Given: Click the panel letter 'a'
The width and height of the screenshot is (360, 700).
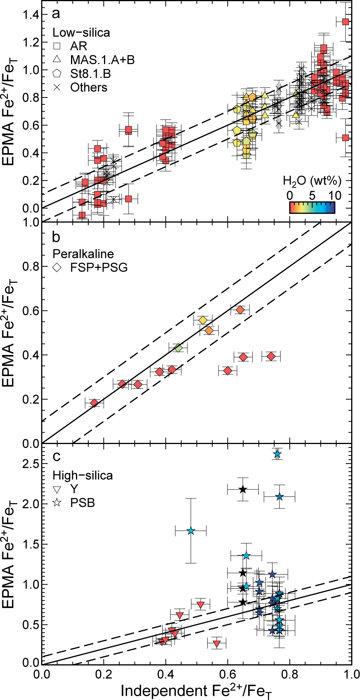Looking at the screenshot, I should (x=56, y=14).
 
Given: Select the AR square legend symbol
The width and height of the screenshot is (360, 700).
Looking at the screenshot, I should (x=57, y=46).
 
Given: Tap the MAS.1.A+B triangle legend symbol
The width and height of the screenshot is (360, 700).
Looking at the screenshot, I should (x=57, y=59).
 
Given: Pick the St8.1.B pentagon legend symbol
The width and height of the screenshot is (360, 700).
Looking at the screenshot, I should (x=57, y=73).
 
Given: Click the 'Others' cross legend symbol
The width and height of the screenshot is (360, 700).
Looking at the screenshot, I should (x=57, y=87).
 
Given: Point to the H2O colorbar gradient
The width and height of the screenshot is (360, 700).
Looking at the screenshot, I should (x=312, y=207).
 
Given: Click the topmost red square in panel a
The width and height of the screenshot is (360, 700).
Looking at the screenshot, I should (x=345, y=22).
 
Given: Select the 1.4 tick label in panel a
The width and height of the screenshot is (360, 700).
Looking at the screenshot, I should (x=30, y=15).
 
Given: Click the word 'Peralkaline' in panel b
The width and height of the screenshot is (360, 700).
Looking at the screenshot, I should (x=83, y=254).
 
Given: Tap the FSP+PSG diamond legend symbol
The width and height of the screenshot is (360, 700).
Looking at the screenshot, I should (x=57, y=267).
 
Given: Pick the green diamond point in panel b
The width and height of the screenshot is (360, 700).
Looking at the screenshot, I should (x=178, y=348).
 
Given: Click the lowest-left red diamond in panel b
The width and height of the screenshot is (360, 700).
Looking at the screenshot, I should (x=94, y=403).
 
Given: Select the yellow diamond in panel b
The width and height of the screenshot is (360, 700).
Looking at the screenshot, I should (x=203, y=320).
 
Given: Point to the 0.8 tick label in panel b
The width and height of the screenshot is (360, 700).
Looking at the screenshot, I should (x=30, y=267).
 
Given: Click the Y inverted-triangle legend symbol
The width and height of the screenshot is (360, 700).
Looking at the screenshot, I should (x=57, y=489).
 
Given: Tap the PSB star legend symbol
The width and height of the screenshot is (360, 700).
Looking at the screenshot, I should (x=57, y=503).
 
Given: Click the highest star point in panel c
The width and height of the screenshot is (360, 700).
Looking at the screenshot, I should (x=277, y=454).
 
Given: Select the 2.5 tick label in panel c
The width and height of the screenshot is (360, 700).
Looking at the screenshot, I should (x=30, y=464).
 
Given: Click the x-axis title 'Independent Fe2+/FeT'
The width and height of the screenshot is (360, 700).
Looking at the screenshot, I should (x=197, y=691).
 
